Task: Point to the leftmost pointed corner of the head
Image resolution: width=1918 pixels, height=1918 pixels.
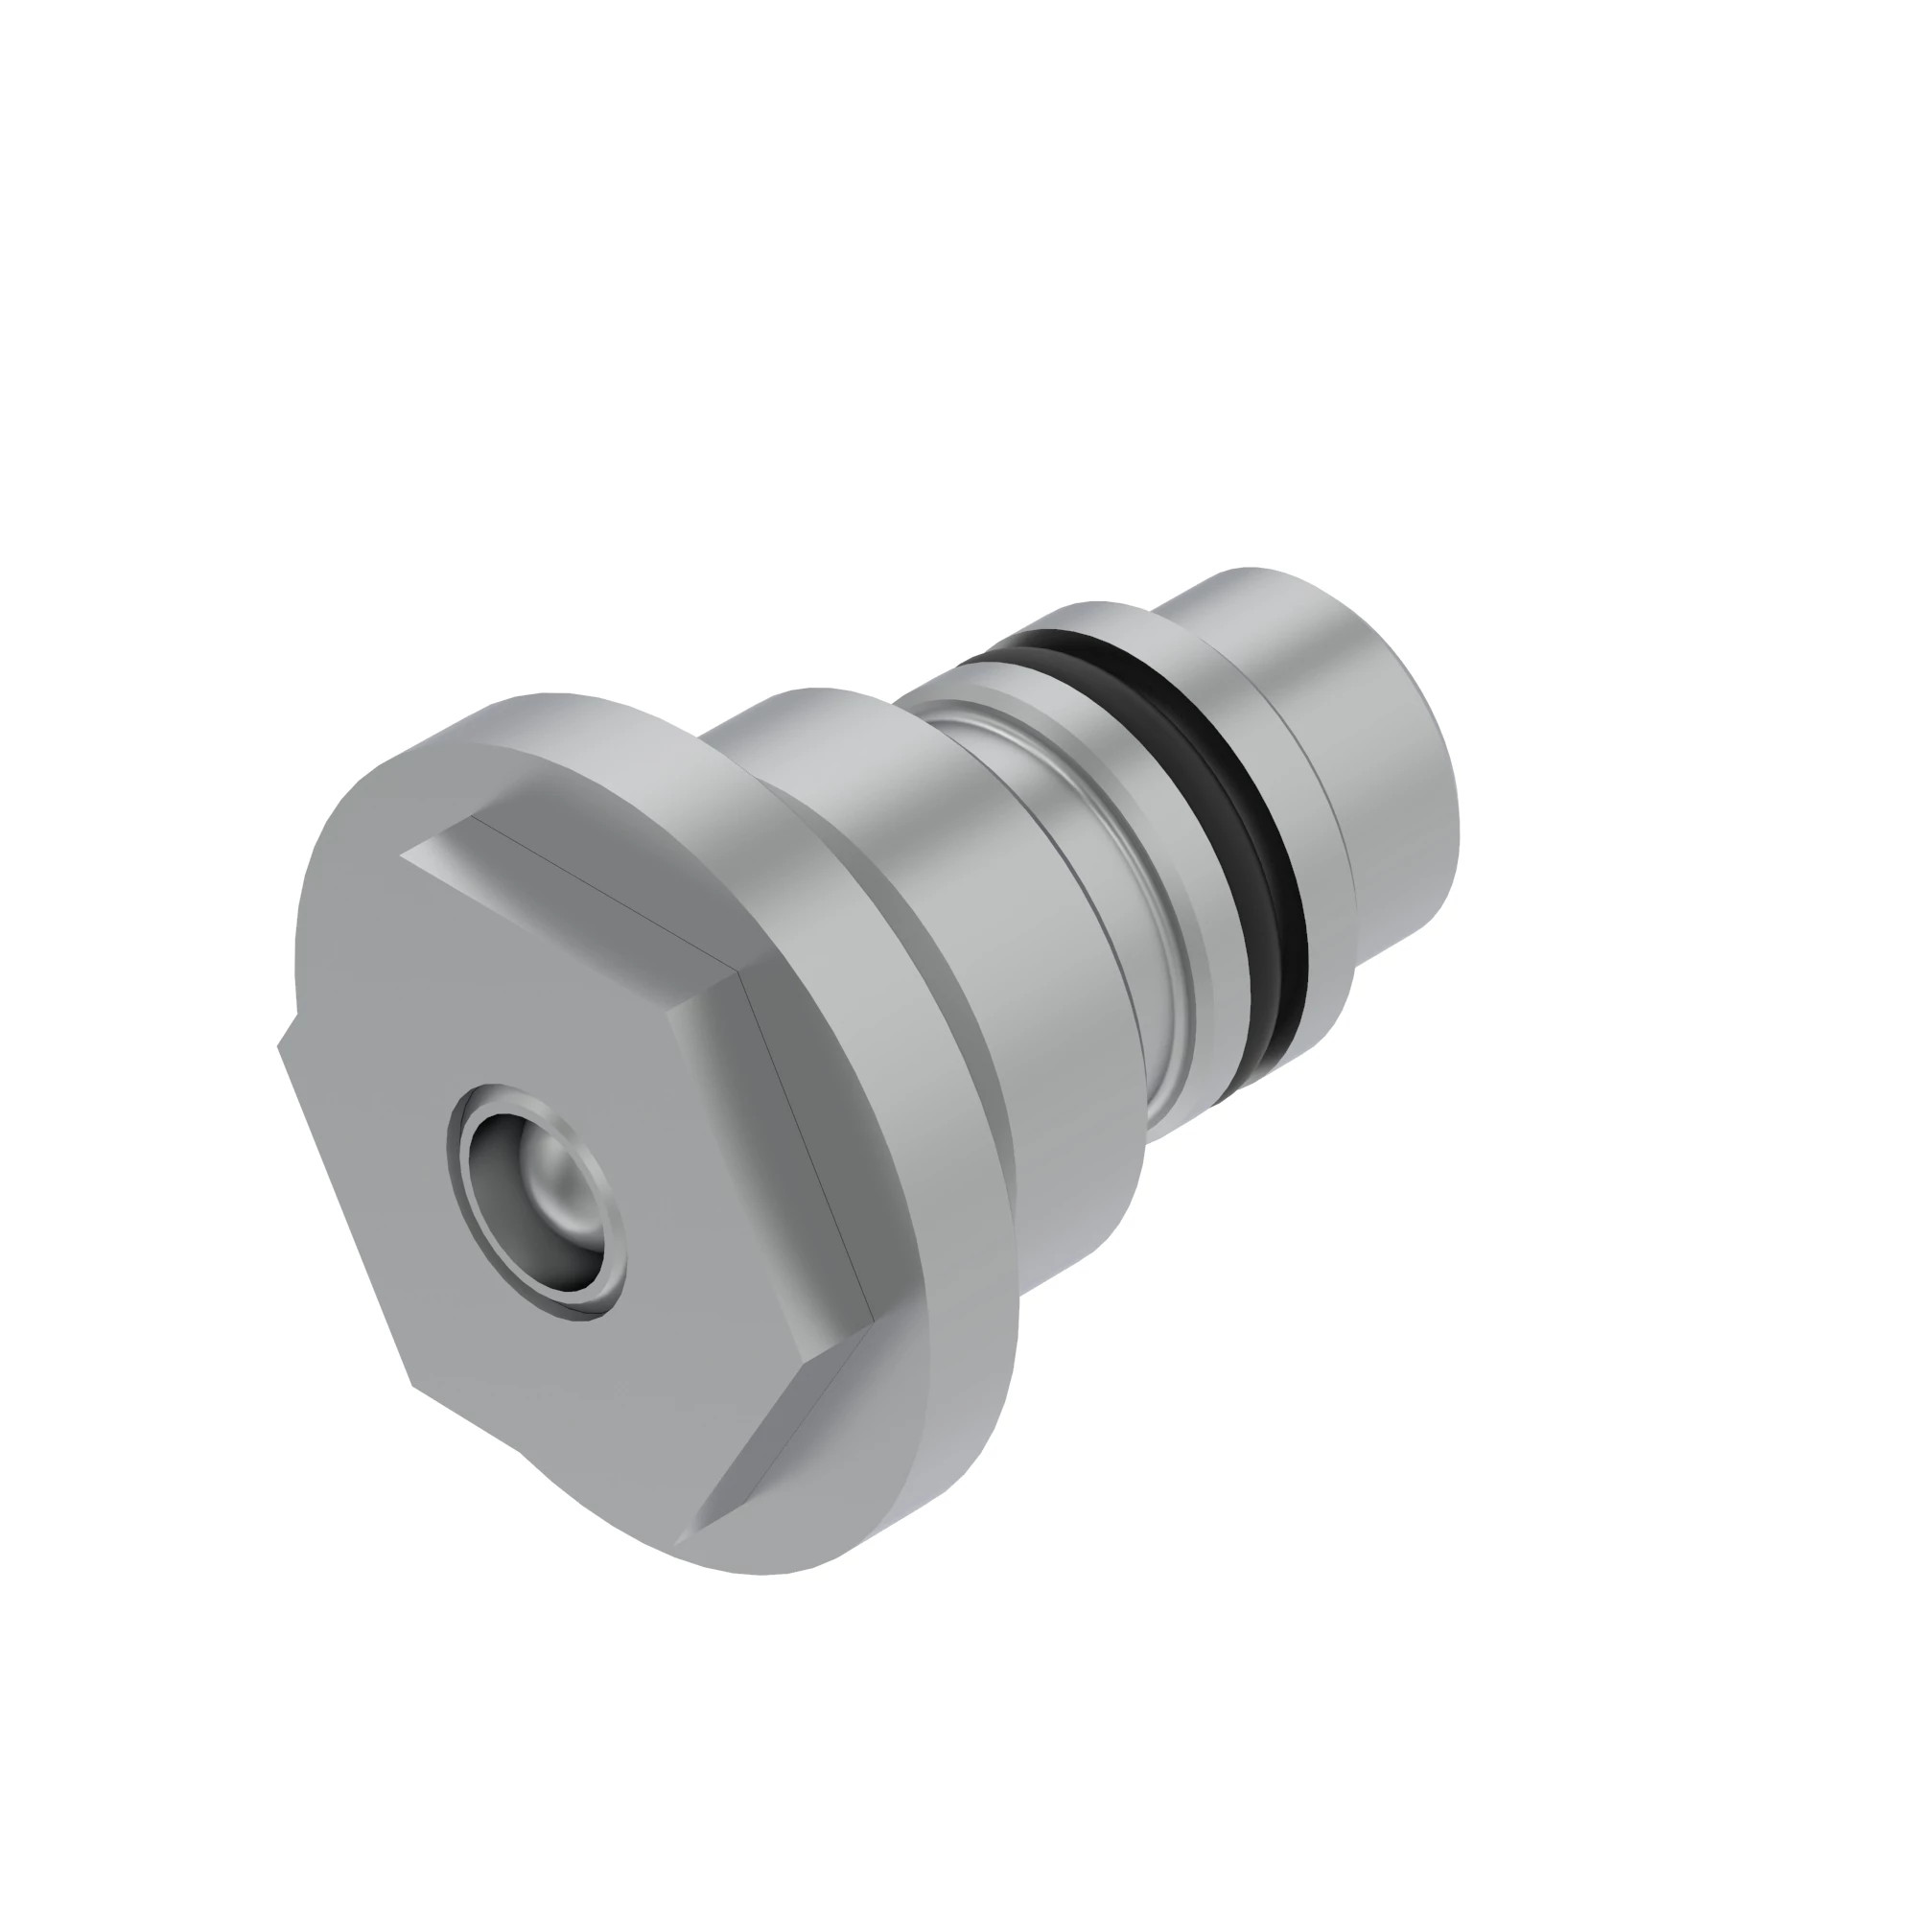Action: coord(279,1044)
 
